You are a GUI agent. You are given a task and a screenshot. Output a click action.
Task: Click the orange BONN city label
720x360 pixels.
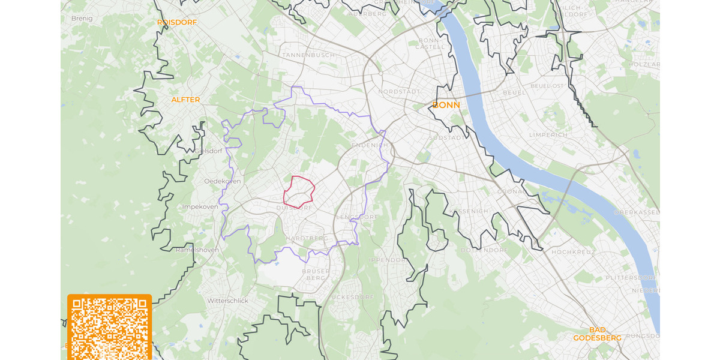coord(446,105)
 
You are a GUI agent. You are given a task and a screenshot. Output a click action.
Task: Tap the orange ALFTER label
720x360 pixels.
coord(185,100)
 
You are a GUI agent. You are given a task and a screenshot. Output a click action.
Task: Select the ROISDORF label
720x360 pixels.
coord(177,22)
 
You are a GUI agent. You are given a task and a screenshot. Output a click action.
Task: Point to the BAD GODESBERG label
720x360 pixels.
coord(597,334)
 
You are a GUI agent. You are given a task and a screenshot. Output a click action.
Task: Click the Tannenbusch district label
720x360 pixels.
coord(308,55)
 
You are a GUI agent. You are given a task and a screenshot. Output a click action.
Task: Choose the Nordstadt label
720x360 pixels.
coord(399,91)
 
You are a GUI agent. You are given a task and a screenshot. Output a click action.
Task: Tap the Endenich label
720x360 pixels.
coord(370,145)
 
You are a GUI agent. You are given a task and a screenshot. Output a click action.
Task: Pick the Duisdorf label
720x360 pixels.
coord(294,208)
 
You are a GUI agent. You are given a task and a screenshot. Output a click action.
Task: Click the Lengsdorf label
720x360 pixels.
coord(357,217)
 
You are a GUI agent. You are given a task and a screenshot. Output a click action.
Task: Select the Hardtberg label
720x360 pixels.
coord(307,238)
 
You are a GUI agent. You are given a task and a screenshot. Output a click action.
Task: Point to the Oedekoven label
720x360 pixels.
coord(222,181)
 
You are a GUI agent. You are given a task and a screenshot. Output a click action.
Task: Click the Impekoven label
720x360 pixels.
coord(200,206)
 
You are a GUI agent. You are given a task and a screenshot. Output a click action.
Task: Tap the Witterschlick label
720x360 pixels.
coord(227,301)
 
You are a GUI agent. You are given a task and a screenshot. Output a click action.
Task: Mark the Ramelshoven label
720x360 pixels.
coord(197,250)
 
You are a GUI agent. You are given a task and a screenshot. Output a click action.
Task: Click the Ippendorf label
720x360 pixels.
coord(388,260)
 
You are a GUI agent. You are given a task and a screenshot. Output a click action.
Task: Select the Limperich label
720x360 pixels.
coord(548,135)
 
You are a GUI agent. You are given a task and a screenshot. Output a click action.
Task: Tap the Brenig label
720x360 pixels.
coord(82,19)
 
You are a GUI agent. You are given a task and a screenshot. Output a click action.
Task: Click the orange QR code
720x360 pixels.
coord(109,327)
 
